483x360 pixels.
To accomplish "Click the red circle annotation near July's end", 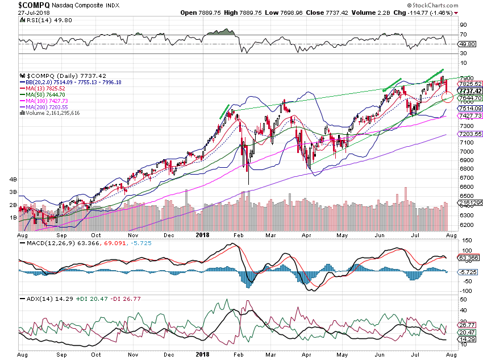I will (x=447, y=96).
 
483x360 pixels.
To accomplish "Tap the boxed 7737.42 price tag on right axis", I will (x=470, y=91).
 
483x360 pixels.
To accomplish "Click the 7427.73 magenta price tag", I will (x=470, y=115).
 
